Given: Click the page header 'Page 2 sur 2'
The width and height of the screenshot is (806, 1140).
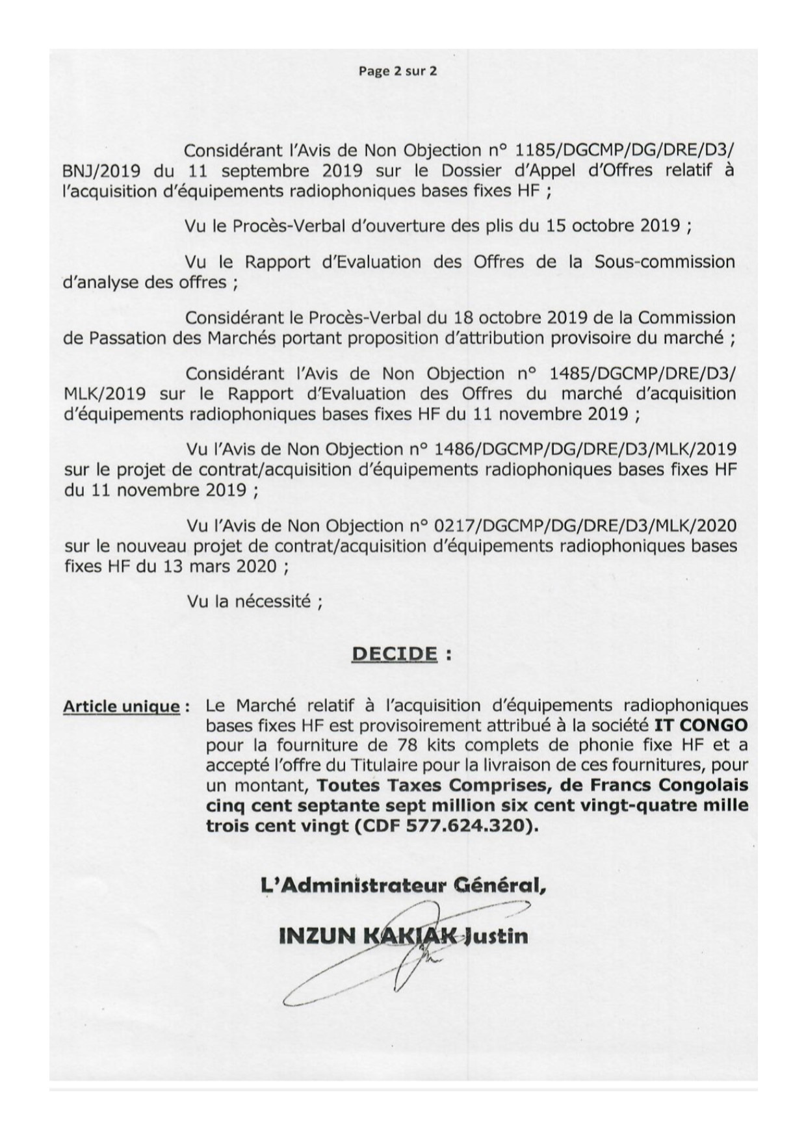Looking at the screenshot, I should (397, 71).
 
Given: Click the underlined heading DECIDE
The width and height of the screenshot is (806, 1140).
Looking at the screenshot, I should (394, 653).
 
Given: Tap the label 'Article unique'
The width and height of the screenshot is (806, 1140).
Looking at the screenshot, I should (122, 706).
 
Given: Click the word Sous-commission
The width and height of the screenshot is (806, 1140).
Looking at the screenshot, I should (665, 262).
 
